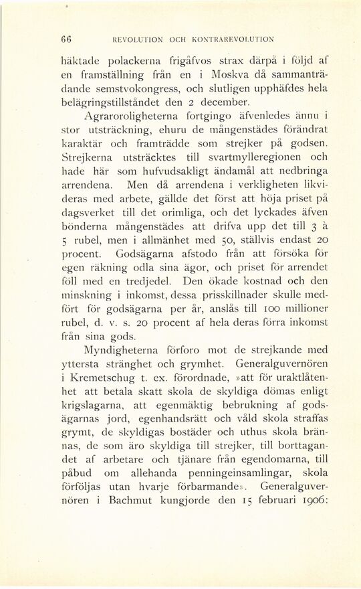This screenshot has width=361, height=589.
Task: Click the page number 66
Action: (x=66, y=37)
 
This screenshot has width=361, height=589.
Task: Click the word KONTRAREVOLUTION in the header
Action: (x=231, y=38)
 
